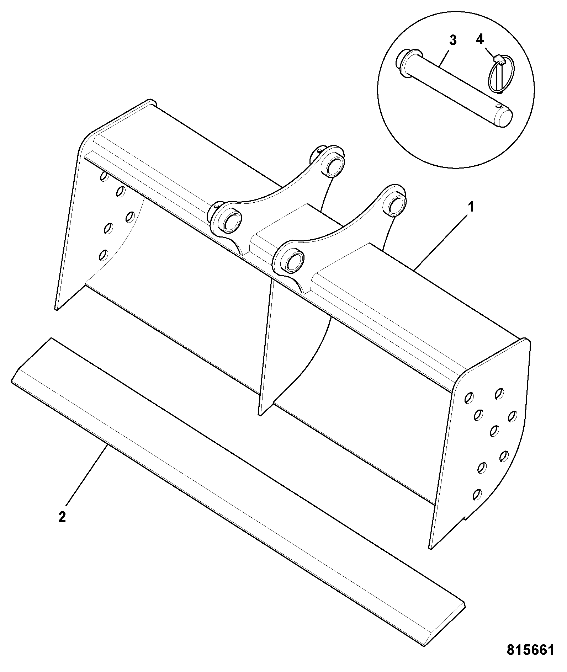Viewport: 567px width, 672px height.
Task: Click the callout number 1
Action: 471,207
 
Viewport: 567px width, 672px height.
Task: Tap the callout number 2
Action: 62,517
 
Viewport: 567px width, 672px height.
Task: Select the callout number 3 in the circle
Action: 453,41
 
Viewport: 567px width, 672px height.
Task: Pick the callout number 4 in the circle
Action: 480,39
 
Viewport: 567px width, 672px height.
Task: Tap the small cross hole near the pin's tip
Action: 500,106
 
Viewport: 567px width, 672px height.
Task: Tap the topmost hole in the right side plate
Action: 499,393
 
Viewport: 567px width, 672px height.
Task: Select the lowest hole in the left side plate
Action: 104,255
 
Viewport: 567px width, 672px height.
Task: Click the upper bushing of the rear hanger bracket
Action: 335,165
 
